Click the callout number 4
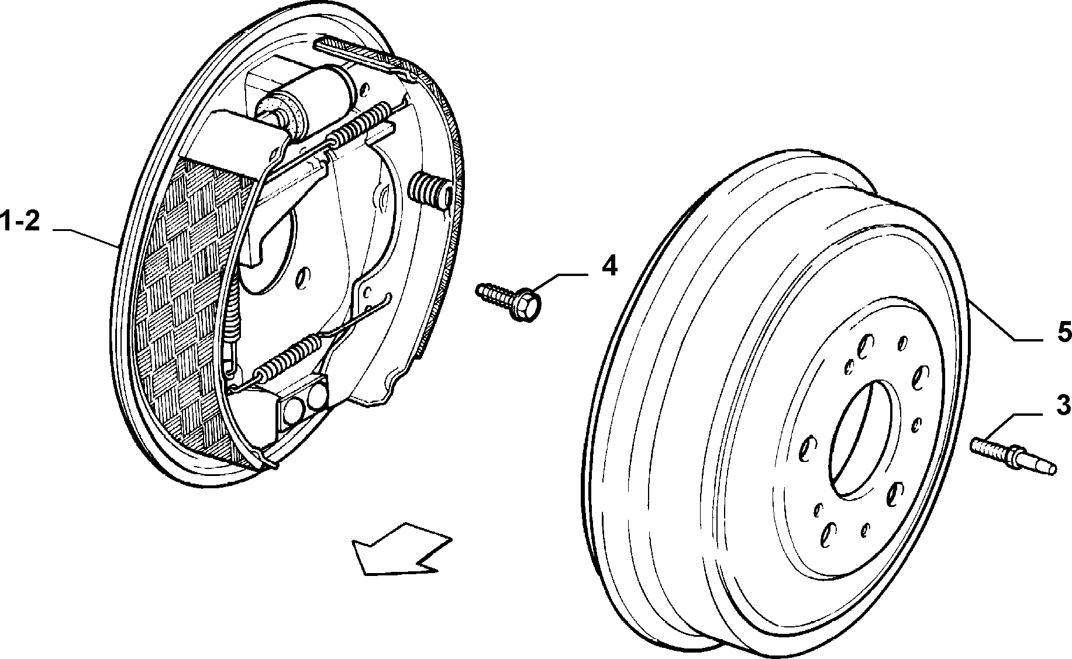tap(609, 267)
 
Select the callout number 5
tap(1063, 332)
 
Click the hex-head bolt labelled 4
tap(509, 299)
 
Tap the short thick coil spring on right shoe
tap(430, 190)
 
